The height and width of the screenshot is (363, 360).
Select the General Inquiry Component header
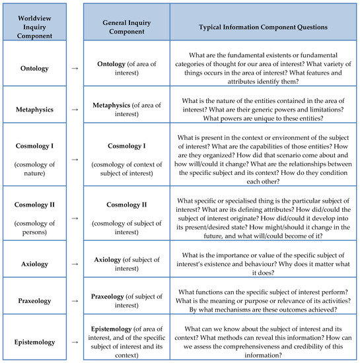(x=126, y=22)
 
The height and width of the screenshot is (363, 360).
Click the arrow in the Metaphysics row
(x=75, y=104)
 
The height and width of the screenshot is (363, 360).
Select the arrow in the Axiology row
(x=75, y=263)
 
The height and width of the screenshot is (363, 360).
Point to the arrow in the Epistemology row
(x=75, y=342)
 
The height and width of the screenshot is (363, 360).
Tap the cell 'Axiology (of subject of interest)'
(x=126, y=264)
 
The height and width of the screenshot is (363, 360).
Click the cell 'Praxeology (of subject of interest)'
(x=126, y=301)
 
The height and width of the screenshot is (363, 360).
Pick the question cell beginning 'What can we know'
(x=264, y=342)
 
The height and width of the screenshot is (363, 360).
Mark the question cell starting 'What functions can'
(x=264, y=301)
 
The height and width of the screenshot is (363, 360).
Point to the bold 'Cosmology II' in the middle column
(x=126, y=205)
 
